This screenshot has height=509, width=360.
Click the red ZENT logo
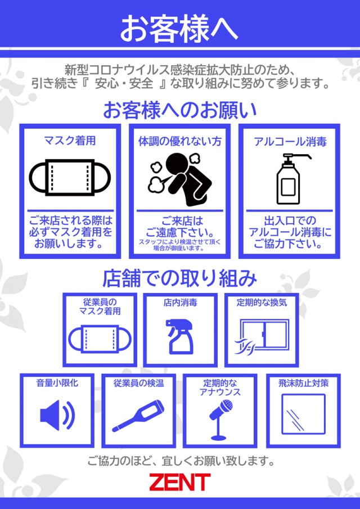point(180,482)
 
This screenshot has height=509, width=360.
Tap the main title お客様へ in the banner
point(179,28)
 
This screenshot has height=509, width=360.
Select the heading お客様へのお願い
point(180,110)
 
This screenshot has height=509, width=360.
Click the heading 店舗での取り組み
point(180,279)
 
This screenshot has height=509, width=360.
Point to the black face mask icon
point(70,177)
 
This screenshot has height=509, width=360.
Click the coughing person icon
point(180,179)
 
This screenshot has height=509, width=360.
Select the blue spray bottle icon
point(179,336)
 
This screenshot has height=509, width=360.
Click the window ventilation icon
point(262,337)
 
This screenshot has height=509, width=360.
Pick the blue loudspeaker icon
point(57,415)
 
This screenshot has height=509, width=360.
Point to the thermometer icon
point(138,416)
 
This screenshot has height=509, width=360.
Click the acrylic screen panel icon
point(303,414)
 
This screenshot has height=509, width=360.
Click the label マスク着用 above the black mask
point(70,141)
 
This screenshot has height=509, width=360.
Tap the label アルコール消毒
point(290,142)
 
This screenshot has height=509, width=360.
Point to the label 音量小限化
point(57,382)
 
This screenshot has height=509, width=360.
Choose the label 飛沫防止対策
point(304,383)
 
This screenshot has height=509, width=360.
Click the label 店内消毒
point(180,303)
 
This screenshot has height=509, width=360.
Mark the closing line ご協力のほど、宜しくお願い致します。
point(181,460)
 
